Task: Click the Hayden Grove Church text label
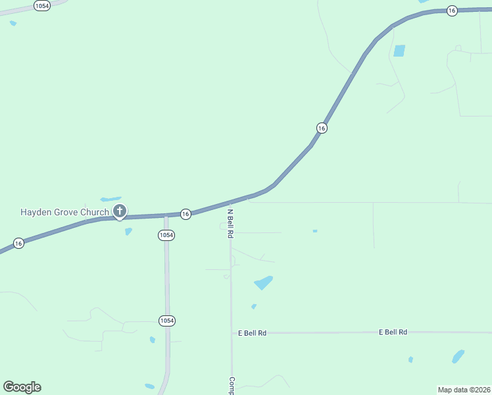(x=64, y=212)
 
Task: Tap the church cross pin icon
(x=119, y=211)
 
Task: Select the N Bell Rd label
(x=230, y=223)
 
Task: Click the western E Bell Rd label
(x=253, y=333)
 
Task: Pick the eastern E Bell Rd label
(x=393, y=332)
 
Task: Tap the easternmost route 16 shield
(x=451, y=11)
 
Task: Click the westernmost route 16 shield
(x=18, y=244)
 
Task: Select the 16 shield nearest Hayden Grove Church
(x=185, y=214)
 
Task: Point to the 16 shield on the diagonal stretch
(x=321, y=128)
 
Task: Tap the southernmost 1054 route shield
(x=166, y=321)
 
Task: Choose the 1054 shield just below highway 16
(x=166, y=235)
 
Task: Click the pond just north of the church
(x=111, y=199)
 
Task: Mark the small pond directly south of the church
(x=128, y=231)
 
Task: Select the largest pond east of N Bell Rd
(x=263, y=282)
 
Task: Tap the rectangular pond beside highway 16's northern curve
(x=399, y=51)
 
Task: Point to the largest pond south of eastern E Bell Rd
(x=458, y=356)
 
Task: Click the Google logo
(x=22, y=387)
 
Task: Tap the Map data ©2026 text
(x=464, y=390)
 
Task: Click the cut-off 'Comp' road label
(x=232, y=385)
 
